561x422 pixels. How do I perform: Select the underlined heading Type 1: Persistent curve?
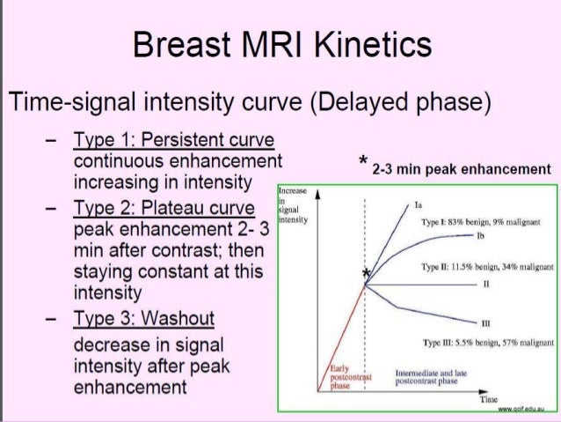(x=174, y=141)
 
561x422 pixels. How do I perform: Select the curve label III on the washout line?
(x=486, y=323)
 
